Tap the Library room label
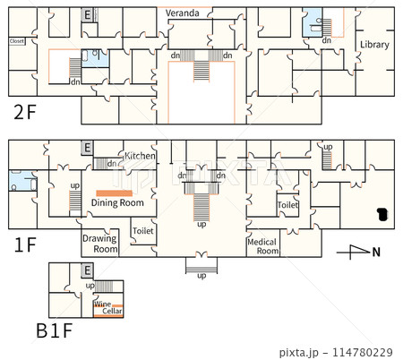374,45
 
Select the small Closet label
16,41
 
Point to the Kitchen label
141,156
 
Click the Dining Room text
117,203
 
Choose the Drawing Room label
99,244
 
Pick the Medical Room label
263,245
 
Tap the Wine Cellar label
107,307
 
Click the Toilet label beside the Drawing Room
142,230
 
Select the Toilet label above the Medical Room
287,205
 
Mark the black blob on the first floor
382,213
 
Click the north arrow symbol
358,252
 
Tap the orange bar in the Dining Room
115,193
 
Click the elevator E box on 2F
87,15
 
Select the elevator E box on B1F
87,270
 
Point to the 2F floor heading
25,112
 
